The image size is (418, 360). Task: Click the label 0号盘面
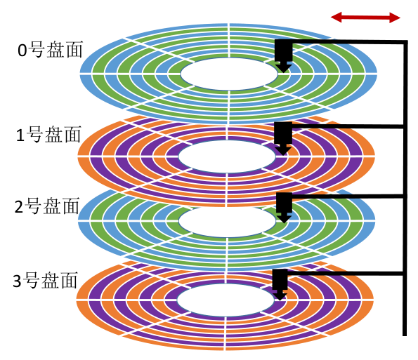click(50, 50)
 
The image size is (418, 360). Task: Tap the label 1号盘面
click(48, 135)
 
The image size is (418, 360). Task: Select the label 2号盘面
click(47, 206)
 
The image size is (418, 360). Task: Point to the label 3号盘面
click(46, 280)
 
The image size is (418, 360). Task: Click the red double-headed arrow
click(365, 18)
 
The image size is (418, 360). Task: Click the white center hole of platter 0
click(229, 74)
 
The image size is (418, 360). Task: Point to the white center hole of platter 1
click(227, 156)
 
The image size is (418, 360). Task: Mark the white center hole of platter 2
click(227, 222)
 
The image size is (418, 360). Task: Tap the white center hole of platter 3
click(226, 300)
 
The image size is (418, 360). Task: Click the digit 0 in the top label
click(22, 51)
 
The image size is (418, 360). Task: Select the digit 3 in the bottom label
click(17, 281)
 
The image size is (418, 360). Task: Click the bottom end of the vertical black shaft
click(405, 335)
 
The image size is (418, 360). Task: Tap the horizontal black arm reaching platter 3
click(345, 274)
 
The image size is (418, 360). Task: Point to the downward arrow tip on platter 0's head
click(284, 72)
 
